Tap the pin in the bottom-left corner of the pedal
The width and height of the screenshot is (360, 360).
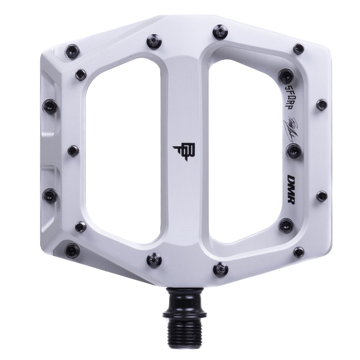(72, 249)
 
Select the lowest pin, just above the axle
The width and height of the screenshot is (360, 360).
(220, 269)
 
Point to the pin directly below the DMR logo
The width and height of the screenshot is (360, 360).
(286, 225)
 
